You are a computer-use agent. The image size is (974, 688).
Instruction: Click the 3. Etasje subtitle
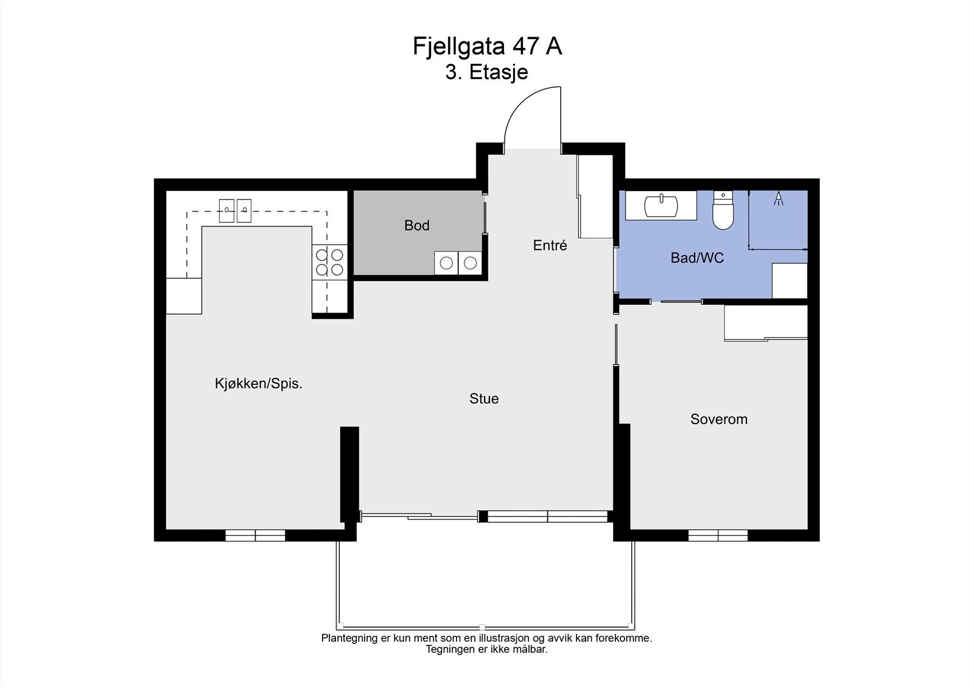tap(486, 72)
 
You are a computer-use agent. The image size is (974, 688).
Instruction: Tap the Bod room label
tap(417, 226)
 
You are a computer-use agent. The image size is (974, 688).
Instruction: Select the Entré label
tap(550, 245)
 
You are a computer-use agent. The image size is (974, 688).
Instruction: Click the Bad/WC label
tap(697, 258)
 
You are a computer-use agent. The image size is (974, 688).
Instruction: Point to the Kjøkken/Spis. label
tap(259, 384)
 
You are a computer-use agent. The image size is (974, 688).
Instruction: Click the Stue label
tap(484, 399)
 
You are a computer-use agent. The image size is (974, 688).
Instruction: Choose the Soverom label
tap(718, 419)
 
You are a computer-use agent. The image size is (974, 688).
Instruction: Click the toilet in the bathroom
tap(723, 212)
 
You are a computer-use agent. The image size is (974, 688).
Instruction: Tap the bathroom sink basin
tap(661, 206)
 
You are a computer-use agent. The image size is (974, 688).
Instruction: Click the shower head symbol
tap(778, 198)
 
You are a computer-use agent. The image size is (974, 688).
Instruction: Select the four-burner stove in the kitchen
tap(329, 262)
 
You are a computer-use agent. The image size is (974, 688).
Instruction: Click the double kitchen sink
tap(235, 210)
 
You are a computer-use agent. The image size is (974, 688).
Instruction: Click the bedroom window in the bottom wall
tap(718, 535)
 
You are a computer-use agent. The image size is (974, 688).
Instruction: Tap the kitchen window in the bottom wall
tap(255, 535)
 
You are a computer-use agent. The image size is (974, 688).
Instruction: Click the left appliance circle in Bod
tap(446, 263)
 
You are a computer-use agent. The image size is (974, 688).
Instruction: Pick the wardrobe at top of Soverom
tap(766, 322)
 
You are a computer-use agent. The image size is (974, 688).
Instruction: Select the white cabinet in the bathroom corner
tap(790, 280)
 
